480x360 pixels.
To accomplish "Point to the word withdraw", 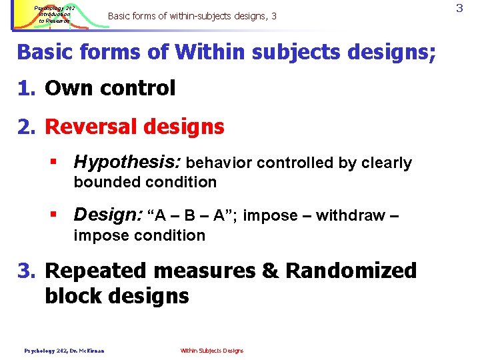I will pyautogui.click(x=350, y=215).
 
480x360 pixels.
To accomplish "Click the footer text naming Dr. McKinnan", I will pyautogui.click(x=65, y=351).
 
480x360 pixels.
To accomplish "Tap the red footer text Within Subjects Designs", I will pyautogui.click(x=212, y=351).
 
